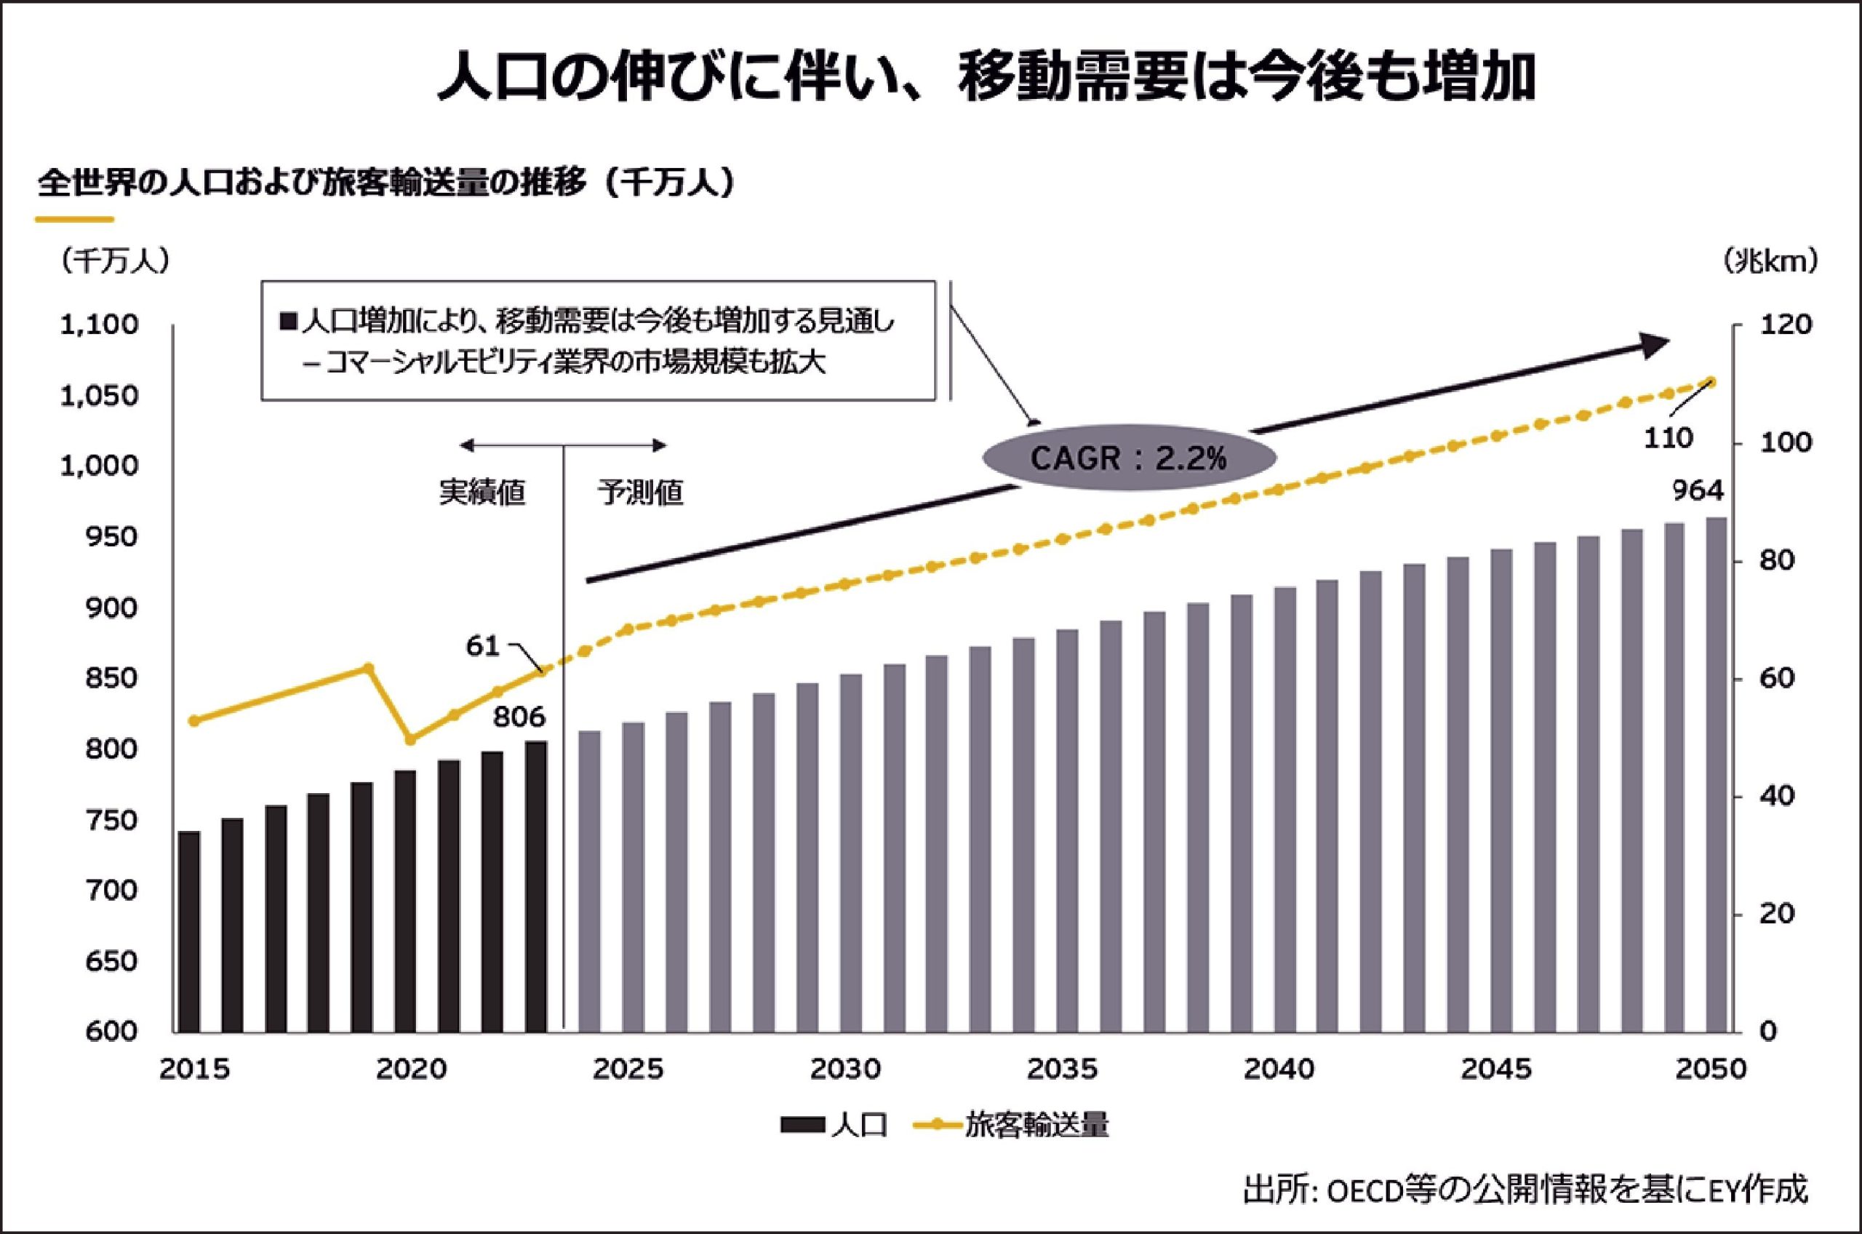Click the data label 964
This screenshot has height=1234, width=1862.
1697,491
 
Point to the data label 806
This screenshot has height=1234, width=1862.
519,717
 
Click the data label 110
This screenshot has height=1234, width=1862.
1668,438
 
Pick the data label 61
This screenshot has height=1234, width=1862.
482,646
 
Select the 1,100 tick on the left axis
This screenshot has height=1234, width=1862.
99,325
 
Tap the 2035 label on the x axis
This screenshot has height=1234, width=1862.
1062,1070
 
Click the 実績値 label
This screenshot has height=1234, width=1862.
482,493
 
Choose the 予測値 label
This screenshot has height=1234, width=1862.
640,493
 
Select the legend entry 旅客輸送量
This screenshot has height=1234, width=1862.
1011,1126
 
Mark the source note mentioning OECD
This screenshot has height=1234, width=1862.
1525,1188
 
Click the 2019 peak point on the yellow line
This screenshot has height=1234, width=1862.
368,667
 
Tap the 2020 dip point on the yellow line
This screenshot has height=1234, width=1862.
409,740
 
